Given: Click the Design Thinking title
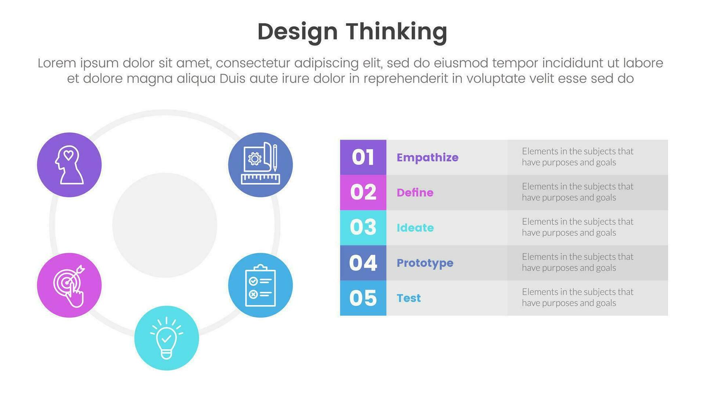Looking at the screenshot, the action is click(x=352, y=32).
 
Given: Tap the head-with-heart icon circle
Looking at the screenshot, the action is click(x=69, y=165).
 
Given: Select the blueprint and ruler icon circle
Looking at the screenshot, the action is click(x=260, y=165).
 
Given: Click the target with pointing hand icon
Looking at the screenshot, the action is click(x=69, y=285).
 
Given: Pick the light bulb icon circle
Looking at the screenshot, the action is click(x=166, y=338).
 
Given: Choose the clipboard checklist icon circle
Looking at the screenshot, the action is click(x=260, y=285).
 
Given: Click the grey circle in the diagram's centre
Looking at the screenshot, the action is click(x=165, y=225).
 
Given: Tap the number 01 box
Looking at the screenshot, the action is click(x=363, y=157).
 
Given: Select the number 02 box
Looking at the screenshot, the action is click(x=363, y=192).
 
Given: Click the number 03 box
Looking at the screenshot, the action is click(x=363, y=228).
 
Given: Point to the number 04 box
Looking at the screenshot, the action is click(x=363, y=263).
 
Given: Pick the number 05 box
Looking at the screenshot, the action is click(x=363, y=298).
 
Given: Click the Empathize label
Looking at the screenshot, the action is click(x=427, y=158).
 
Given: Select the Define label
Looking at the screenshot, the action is click(x=415, y=192).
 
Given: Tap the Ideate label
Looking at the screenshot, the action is click(x=415, y=228).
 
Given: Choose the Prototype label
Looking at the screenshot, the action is click(x=425, y=263).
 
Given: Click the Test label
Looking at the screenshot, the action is click(x=409, y=298).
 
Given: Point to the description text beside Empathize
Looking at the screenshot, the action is click(x=578, y=157).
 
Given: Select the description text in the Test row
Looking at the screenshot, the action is click(x=578, y=297).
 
